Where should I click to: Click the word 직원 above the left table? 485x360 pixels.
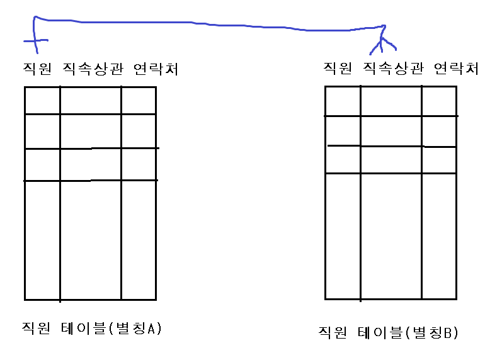coord(35,69)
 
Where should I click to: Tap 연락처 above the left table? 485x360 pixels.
coord(156,69)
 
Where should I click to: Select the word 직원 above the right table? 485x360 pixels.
coord(336,68)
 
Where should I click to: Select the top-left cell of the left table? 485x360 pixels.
coord(42,100)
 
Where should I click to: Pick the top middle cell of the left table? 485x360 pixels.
coord(91,100)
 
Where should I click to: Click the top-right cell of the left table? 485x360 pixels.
coord(139,100)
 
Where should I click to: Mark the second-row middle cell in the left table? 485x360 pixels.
coord(91,131)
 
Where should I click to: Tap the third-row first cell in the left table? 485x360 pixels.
coord(42,164)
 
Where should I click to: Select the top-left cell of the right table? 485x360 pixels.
coord(343,101)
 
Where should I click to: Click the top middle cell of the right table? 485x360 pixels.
coord(391,101)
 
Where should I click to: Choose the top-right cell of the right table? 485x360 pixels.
coord(439,101)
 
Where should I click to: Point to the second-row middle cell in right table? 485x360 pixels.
coord(391,131)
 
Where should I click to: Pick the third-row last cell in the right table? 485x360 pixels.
coord(439,160)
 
